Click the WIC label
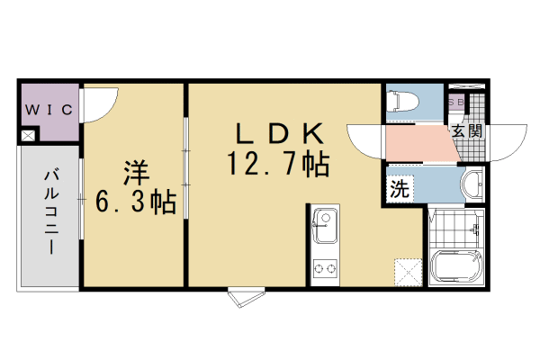49,110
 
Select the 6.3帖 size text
136,202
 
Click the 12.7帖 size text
279,165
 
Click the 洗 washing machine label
400,190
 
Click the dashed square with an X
407,271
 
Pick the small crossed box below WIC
27,136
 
